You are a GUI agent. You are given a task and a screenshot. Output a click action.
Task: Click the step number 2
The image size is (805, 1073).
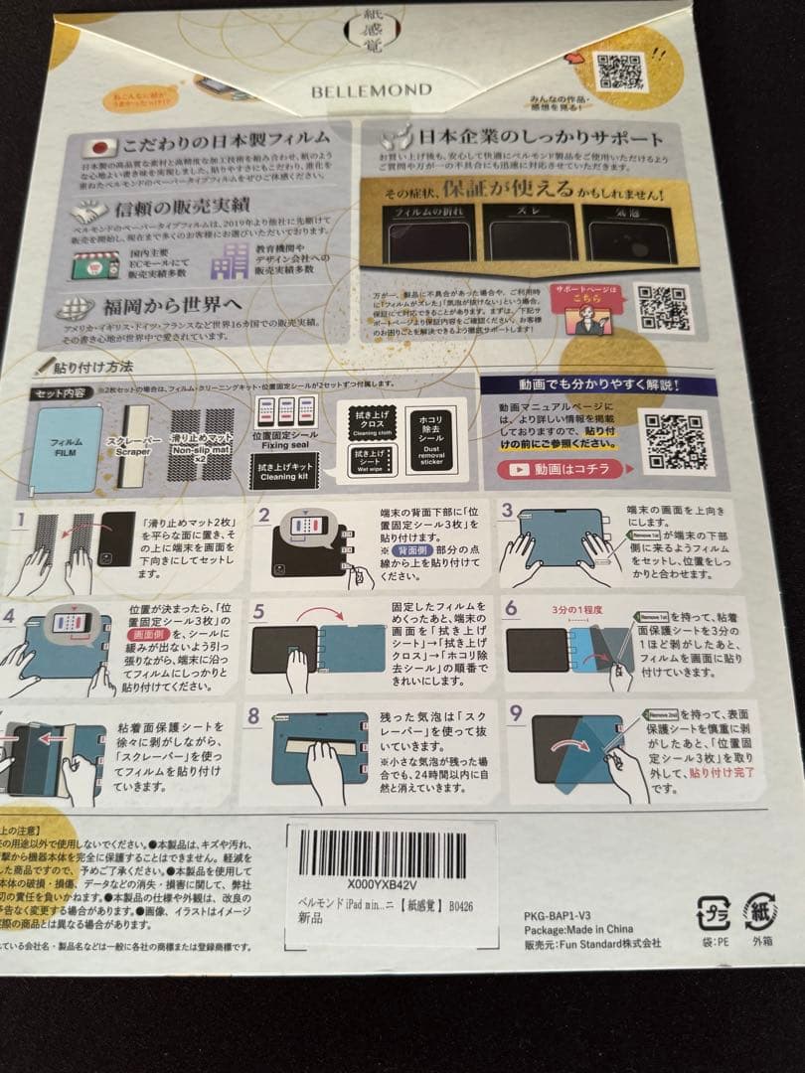265,514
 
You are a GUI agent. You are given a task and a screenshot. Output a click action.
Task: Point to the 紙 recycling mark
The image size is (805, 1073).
760,910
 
